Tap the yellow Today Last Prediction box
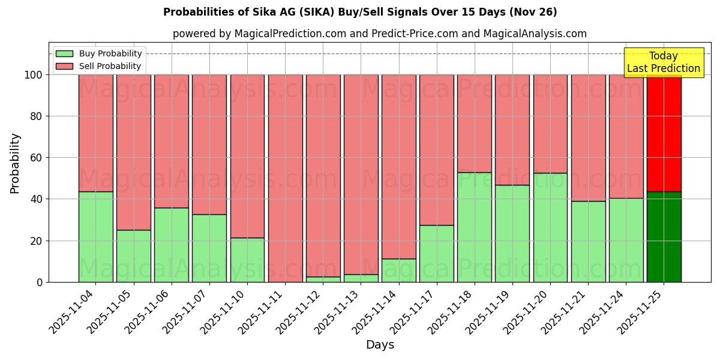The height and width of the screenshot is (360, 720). (663, 62)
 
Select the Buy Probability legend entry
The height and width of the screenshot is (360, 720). (98, 53)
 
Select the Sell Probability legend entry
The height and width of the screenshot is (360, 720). (98, 66)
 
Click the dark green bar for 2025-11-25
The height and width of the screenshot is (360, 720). (664, 237)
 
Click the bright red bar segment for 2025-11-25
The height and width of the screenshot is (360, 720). (664, 132)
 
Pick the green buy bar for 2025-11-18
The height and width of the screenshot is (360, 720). (474, 227)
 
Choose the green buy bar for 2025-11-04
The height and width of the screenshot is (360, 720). (95, 237)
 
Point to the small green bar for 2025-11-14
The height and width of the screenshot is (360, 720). (398, 271)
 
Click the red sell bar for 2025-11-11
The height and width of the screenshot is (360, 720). (285, 178)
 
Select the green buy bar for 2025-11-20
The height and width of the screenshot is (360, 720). (550, 228)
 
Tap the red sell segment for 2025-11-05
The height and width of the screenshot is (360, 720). (133, 152)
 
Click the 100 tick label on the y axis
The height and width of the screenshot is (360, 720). (34, 75)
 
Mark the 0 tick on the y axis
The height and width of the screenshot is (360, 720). (40, 283)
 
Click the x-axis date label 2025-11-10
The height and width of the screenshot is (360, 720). (225, 315)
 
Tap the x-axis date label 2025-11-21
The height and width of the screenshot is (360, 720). (566, 315)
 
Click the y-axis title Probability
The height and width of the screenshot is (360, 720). (15, 163)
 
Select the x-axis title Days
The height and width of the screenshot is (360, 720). (380, 345)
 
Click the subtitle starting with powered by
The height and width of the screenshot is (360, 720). (379, 34)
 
